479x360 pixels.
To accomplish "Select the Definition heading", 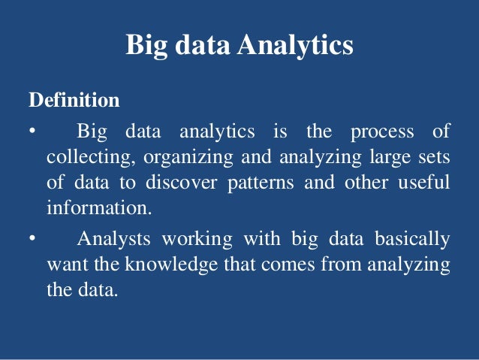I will click(x=74, y=100).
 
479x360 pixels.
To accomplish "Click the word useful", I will click(x=425, y=183).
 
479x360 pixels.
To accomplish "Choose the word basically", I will click(x=413, y=240).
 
